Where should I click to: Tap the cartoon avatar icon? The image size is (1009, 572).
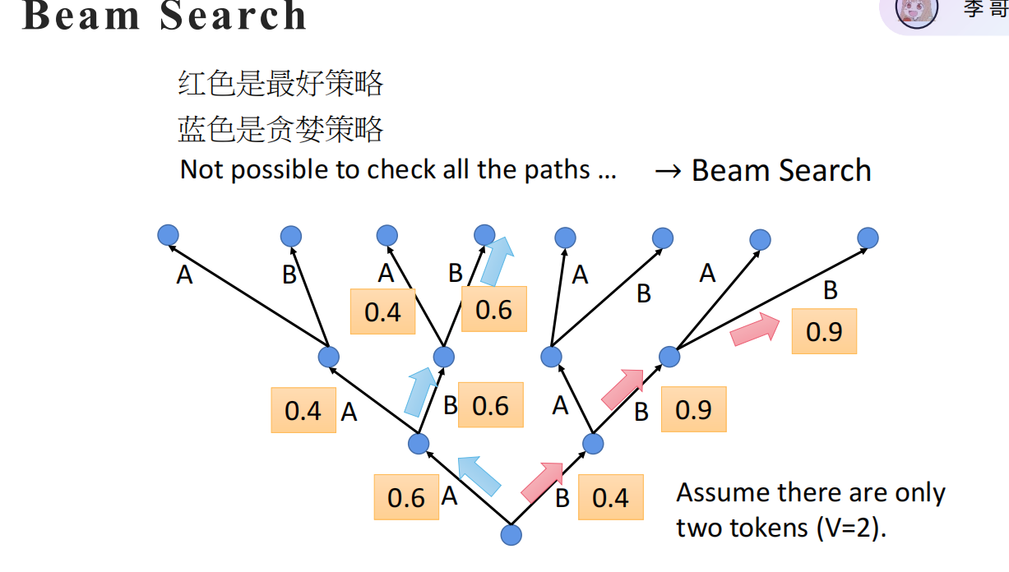point(916,12)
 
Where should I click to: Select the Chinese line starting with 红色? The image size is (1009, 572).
point(280,83)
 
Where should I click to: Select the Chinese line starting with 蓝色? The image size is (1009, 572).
point(280,128)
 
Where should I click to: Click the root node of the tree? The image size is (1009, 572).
point(511,535)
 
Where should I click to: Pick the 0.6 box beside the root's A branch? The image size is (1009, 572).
point(406,497)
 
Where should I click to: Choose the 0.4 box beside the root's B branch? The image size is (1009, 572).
point(610,497)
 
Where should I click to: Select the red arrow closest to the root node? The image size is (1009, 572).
point(542,482)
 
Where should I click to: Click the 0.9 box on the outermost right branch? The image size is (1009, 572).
point(824,331)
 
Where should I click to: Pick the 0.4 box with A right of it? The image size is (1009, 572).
point(303,410)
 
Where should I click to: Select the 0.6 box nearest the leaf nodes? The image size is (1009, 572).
point(493,309)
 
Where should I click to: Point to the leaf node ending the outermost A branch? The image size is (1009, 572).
point(168,235)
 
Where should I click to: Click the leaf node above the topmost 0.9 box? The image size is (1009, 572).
point(868,238)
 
